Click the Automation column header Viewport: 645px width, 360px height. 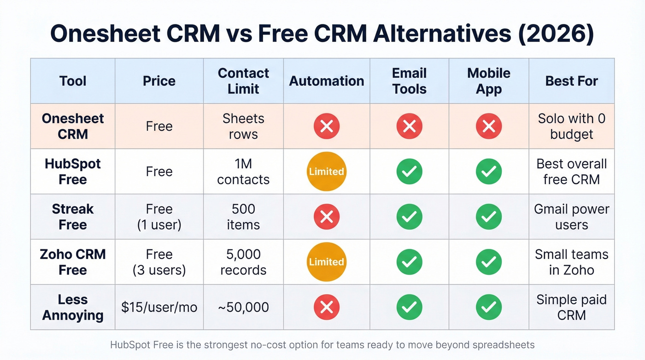coord(326,81)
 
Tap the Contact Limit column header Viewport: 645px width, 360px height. coord(243,81)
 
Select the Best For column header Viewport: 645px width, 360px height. coord(571,81)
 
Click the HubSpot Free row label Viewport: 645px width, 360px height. coord(73,171)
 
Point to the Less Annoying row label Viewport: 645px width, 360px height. coord(73,307)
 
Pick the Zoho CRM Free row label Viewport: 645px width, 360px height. coord(73,262)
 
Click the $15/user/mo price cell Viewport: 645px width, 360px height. coord(159,307)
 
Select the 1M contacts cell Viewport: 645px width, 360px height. coord(243,171)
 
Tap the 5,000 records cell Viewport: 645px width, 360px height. coord(243,262)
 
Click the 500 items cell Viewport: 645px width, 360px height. coord(243,217)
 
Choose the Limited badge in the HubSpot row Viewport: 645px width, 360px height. coord(326,171)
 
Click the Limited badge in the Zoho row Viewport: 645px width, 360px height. coord(326,262)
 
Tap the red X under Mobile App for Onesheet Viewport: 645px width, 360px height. coord(488,126)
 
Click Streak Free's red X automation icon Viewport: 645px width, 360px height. coord(326,217)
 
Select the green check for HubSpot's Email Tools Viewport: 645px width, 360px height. coord(409,171)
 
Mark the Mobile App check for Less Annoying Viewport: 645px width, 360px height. coord(488,307)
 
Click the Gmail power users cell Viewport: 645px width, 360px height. coord(571,217)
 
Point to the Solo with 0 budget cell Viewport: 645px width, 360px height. coord(571,126)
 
